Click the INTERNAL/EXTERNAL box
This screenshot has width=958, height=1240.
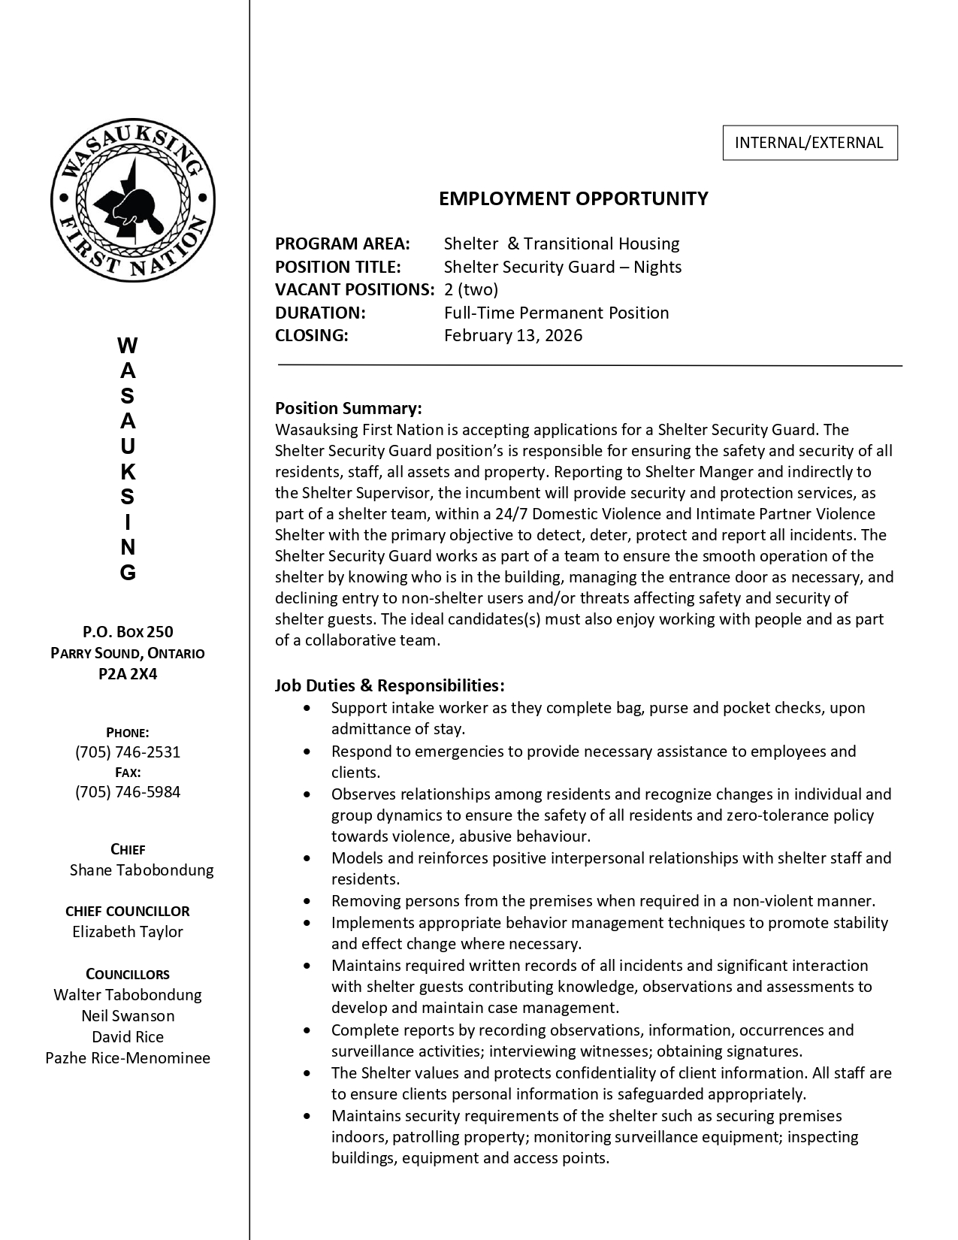click(809, 143)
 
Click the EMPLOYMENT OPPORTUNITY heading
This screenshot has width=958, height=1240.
click(573, 198)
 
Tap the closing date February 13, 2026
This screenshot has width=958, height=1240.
click(513, 335)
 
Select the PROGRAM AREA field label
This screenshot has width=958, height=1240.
click(343, 243)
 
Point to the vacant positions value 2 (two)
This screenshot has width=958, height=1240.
click(471, 289)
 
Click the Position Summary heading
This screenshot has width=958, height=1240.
click(349, 408)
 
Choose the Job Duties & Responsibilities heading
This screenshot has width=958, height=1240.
click(389, 685)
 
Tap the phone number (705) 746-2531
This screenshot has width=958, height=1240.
click(128, 752)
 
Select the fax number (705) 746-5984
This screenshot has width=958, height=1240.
click(128, 792)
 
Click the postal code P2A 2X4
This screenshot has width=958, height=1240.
click(128, 674)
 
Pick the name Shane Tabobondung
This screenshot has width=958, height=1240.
click(141, 870)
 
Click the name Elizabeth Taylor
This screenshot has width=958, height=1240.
click(128, 932)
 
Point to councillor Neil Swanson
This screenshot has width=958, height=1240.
click(128, 1016)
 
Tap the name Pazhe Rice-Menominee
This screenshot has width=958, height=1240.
click(128, 1058)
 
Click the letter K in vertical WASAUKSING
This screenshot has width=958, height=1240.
click(128, 473)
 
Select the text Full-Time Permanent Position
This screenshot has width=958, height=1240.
click(556, 313)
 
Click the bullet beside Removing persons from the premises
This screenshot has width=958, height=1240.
click(306, 901)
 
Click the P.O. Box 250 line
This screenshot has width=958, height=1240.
click(128, 632)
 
